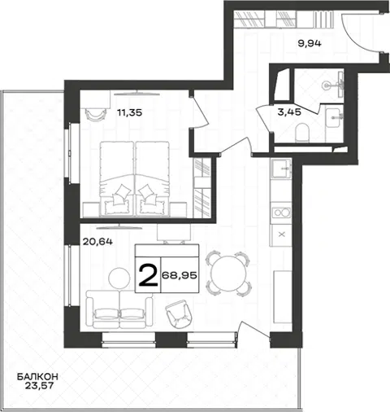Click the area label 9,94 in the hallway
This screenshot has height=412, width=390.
pos(310,43)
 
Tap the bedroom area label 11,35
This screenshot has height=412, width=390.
pos(130,112)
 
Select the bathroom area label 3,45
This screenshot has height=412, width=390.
pos(289,112)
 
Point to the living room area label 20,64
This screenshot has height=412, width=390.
pos(97,242)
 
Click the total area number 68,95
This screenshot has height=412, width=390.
pos(180,276)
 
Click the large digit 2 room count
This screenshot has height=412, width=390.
pos(148,275)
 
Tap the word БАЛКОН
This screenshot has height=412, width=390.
pos(37,376)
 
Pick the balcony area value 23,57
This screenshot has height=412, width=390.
pos(39,386)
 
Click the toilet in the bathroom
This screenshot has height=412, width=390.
pos(302,133)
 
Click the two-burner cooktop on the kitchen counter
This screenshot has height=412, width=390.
pos(281,213)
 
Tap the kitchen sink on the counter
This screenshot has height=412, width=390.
pos(281,169)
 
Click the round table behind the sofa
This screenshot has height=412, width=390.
pos(119,278)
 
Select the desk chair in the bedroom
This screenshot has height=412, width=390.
pos(95,114)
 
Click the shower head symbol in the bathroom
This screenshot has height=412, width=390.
pos(327,85)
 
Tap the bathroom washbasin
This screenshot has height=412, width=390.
pos(334,117)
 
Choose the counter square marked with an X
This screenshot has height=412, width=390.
pos(282,234)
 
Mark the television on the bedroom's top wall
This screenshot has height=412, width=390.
pos(136,94)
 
